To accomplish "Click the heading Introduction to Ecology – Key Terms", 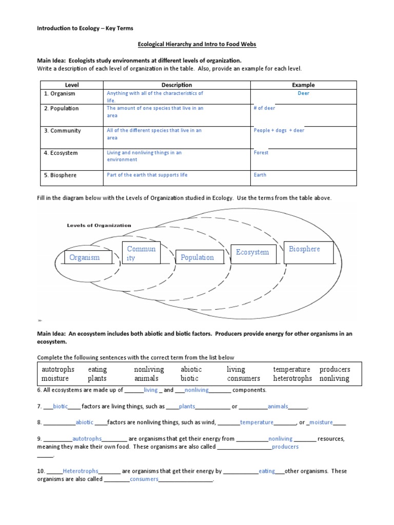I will tap(85, 28).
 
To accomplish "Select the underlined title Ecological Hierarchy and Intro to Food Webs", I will tap(197, 45).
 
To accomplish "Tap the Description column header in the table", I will tap(176, 85).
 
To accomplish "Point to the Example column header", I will tap(303, 85).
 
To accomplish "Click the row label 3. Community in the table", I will tap(66, 131).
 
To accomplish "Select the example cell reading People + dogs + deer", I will tap(279, 131).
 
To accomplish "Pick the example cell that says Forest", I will tap(261, 153).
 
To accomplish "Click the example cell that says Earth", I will tap(260, 175).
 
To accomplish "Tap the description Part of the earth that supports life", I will tap(147, 175).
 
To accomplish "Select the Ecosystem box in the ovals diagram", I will tap(252, 252).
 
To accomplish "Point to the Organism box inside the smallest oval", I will tap(85, 257).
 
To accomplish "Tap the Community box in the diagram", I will tap(141, 253).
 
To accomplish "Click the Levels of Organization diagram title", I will tap(100, 225).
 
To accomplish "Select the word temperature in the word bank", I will tap(291, 369).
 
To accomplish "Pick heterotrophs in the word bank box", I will tap(292, 378).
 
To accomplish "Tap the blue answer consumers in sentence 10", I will tap(144, 479).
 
